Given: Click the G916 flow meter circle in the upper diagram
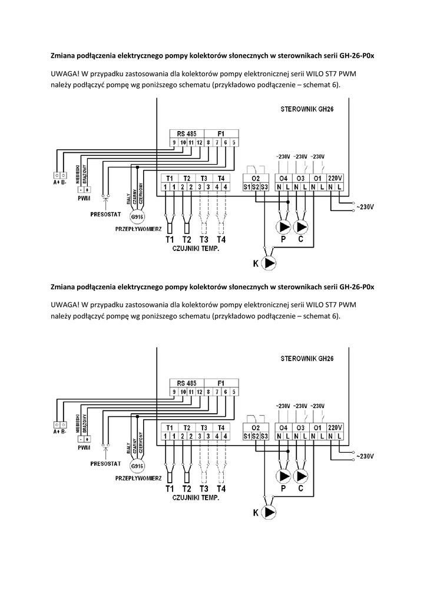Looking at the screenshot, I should [x=137, y=218].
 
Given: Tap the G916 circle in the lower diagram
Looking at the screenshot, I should [x=137, y=466].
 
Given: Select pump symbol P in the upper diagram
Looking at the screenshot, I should [x=283, y=227].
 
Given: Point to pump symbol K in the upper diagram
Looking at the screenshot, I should [x=269, y=264].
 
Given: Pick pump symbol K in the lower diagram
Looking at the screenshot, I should [x=269, y=513].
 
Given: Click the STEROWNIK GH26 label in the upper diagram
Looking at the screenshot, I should [x=306, y=109].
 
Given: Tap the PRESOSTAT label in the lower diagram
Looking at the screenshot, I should [x=105, y=463].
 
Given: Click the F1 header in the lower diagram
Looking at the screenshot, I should [x=221, y=382].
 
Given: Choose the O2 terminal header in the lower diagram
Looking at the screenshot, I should [x=256, y=427].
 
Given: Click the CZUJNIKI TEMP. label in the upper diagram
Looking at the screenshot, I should [x=196, y=249].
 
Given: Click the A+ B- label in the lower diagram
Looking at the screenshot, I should [x=59, y=431].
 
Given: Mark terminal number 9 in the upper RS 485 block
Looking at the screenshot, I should [x=174, y=142].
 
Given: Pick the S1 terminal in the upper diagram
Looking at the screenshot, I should [x=247, y=188].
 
